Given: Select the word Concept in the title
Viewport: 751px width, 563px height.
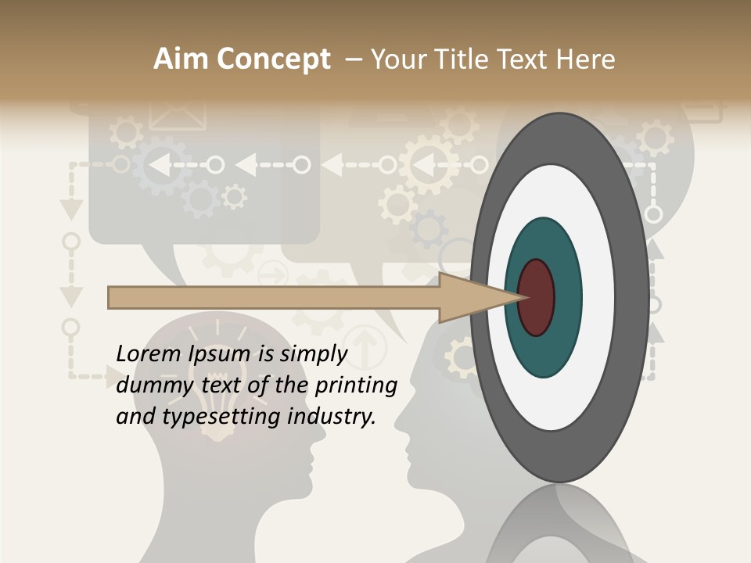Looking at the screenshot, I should pos(275,59).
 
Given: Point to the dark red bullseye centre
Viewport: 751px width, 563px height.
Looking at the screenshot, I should pos(537,297).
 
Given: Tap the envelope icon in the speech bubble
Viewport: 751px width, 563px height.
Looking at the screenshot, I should pos(178,114).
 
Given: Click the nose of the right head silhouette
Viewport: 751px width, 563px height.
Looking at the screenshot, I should pos(397,427).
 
